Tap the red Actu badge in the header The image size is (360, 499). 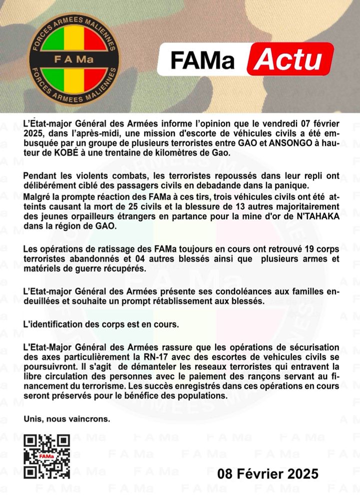[x=291, y=59]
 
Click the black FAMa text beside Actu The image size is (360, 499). [x=202, y=60]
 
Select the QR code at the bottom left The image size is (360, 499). [x=47, y=457]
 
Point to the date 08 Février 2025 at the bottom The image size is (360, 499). [x=268, y=474]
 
